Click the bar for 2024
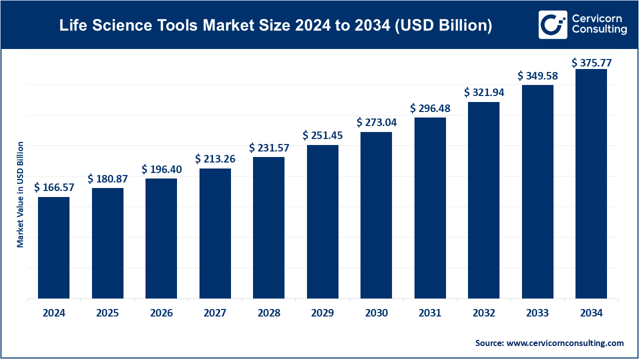(x=54, y=247)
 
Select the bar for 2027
(x=215, y=233)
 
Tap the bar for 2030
(x=376, y=215)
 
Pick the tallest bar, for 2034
(x=591, y=183)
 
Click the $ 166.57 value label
(x=54, y=187)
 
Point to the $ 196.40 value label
(x=161, y=169)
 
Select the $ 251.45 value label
(x=322, y=135)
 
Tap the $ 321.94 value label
(x=484, y=92)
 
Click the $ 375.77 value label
(x=591, y=62)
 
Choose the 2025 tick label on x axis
(x=107, y=313)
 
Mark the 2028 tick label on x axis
(x=269, y=313)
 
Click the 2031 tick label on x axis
(x=430, y=313)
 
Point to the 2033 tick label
(x=537, y=313)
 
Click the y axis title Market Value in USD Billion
(x=20, y=194)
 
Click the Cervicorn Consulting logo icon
(x=552, y=24)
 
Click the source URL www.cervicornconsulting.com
(x=565, y=343)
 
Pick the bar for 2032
(x=484, y=200)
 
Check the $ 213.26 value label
(x=215, y=159)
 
